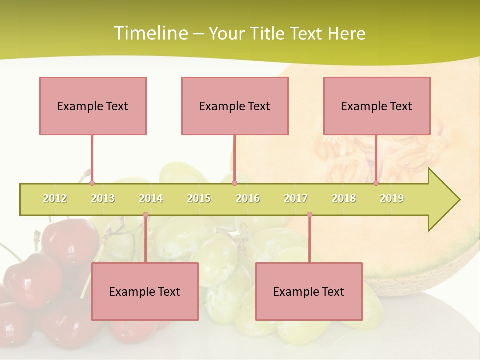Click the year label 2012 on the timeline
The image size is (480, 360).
[x=55, y=198]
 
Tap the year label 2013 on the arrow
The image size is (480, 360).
[x=103, y=198]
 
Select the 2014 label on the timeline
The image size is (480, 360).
[x=151, y=198]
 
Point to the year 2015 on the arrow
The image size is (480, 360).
[x=199, y=198]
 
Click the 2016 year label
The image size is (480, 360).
[x=248, y=198]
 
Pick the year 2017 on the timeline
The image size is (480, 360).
[x=296, y=198]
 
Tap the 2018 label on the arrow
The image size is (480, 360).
[x=344, y=198]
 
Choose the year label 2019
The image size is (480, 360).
[x=392, y=198]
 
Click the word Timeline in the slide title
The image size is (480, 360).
[x=150, y=33]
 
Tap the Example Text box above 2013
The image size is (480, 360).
[x=93, y=106]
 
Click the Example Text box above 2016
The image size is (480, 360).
[x=235, y=106]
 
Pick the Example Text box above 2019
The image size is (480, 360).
[x=377, y=106]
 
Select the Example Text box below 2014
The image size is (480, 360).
[x=145, y=291]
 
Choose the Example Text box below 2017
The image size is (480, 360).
[x=309, y=291]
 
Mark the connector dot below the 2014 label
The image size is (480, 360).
[x=145, y=215]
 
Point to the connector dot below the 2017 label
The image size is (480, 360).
[x=309, y=215]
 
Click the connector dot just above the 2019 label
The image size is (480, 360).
[x=376, y=183]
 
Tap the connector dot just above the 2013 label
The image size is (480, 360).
[x=92, y=183]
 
